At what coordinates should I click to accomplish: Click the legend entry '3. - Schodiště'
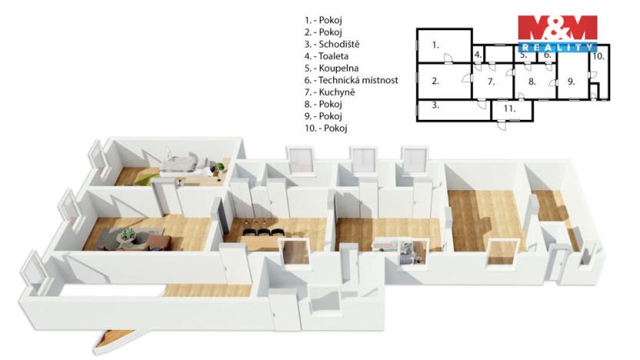tap(332, 44)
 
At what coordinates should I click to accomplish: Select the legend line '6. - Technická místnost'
tap(351, 79)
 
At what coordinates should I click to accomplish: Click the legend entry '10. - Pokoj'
tap(326, 128)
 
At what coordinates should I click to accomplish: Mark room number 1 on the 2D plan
tap(435, 45)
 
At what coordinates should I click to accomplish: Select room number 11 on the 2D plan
tap(508, 109)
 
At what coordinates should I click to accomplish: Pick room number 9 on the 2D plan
tap(571, 81)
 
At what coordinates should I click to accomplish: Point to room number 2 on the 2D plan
tap(435, 81)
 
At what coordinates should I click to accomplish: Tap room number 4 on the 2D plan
tap(478, 55)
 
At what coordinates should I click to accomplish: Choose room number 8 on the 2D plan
tap(531, 81)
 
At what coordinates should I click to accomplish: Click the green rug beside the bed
tap(145, 178)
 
